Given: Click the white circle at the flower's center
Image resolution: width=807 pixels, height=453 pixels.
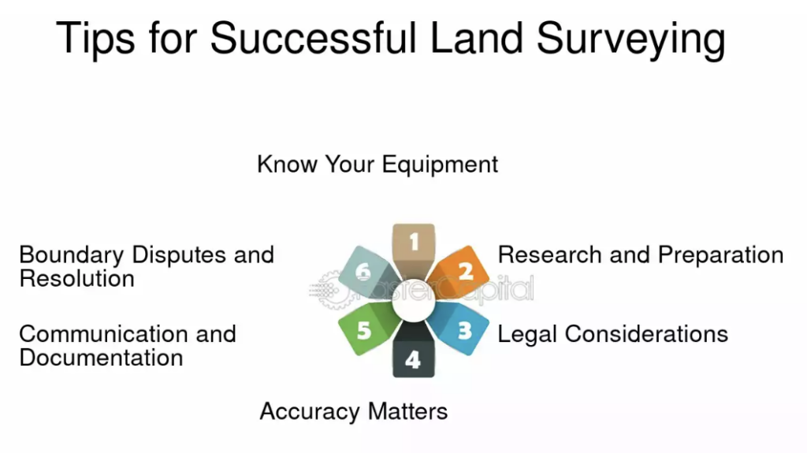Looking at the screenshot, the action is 414,301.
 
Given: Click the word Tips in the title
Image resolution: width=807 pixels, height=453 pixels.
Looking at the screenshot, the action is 95,39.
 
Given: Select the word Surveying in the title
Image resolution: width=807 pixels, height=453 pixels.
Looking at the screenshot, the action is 631,39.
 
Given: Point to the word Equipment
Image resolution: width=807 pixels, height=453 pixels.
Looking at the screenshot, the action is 440,165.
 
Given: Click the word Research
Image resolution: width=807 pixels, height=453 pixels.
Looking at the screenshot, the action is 549,254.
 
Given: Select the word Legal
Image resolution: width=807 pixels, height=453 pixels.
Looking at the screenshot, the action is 527,335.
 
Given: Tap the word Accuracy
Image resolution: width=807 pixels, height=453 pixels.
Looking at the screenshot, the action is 310,412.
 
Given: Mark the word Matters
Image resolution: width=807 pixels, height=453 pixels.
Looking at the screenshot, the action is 408,411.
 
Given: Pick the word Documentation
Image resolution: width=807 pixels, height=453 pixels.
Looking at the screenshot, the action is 101,358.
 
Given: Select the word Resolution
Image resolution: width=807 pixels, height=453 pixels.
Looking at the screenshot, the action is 76,278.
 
